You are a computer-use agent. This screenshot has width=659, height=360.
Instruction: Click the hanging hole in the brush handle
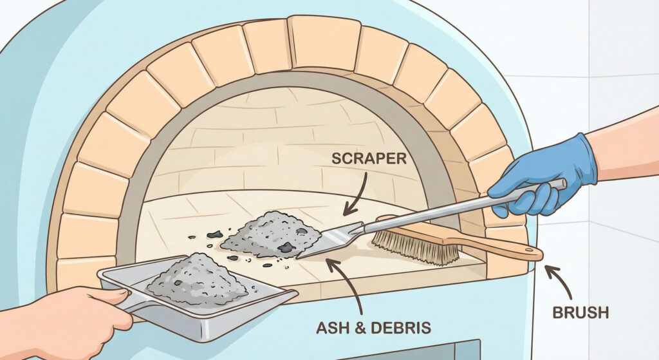(x=530, y=250)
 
